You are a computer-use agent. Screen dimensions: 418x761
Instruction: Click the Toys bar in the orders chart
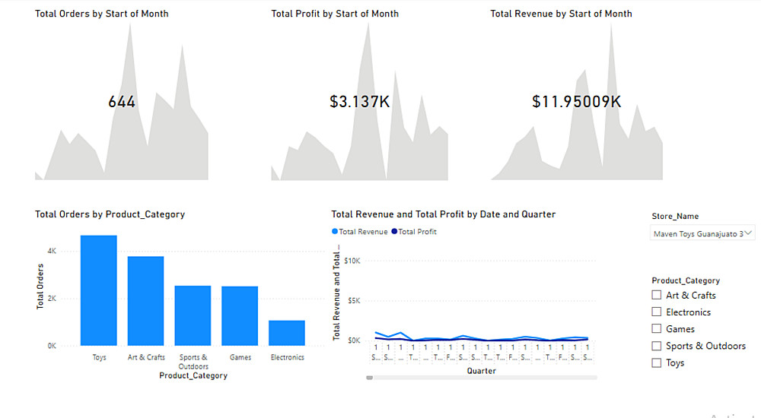99,290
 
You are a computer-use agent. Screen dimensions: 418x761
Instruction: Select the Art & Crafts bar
145,301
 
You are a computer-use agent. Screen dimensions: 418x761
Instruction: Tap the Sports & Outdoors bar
193,315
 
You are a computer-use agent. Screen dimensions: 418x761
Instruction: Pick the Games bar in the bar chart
240,316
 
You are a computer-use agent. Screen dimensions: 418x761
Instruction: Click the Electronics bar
287,333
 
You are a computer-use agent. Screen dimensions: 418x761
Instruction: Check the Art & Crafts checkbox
657,295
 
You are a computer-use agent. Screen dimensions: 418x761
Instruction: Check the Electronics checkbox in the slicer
657,312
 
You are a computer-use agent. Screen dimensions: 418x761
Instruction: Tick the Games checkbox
657,329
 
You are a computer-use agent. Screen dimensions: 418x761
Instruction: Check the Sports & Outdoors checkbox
657,346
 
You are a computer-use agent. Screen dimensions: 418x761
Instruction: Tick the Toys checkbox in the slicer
657,363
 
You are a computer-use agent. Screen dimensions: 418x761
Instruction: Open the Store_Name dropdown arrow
749,233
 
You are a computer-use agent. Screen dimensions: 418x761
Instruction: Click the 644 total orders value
122,101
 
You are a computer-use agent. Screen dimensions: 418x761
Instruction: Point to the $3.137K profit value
359,101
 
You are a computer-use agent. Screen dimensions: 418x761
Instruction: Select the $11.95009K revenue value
576,101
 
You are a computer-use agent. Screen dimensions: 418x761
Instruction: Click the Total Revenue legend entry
360,232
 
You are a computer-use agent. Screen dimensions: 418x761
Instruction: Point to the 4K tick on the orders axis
51,250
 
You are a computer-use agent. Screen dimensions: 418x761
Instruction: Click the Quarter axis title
481,371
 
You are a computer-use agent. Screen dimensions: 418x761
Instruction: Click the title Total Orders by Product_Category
110,214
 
